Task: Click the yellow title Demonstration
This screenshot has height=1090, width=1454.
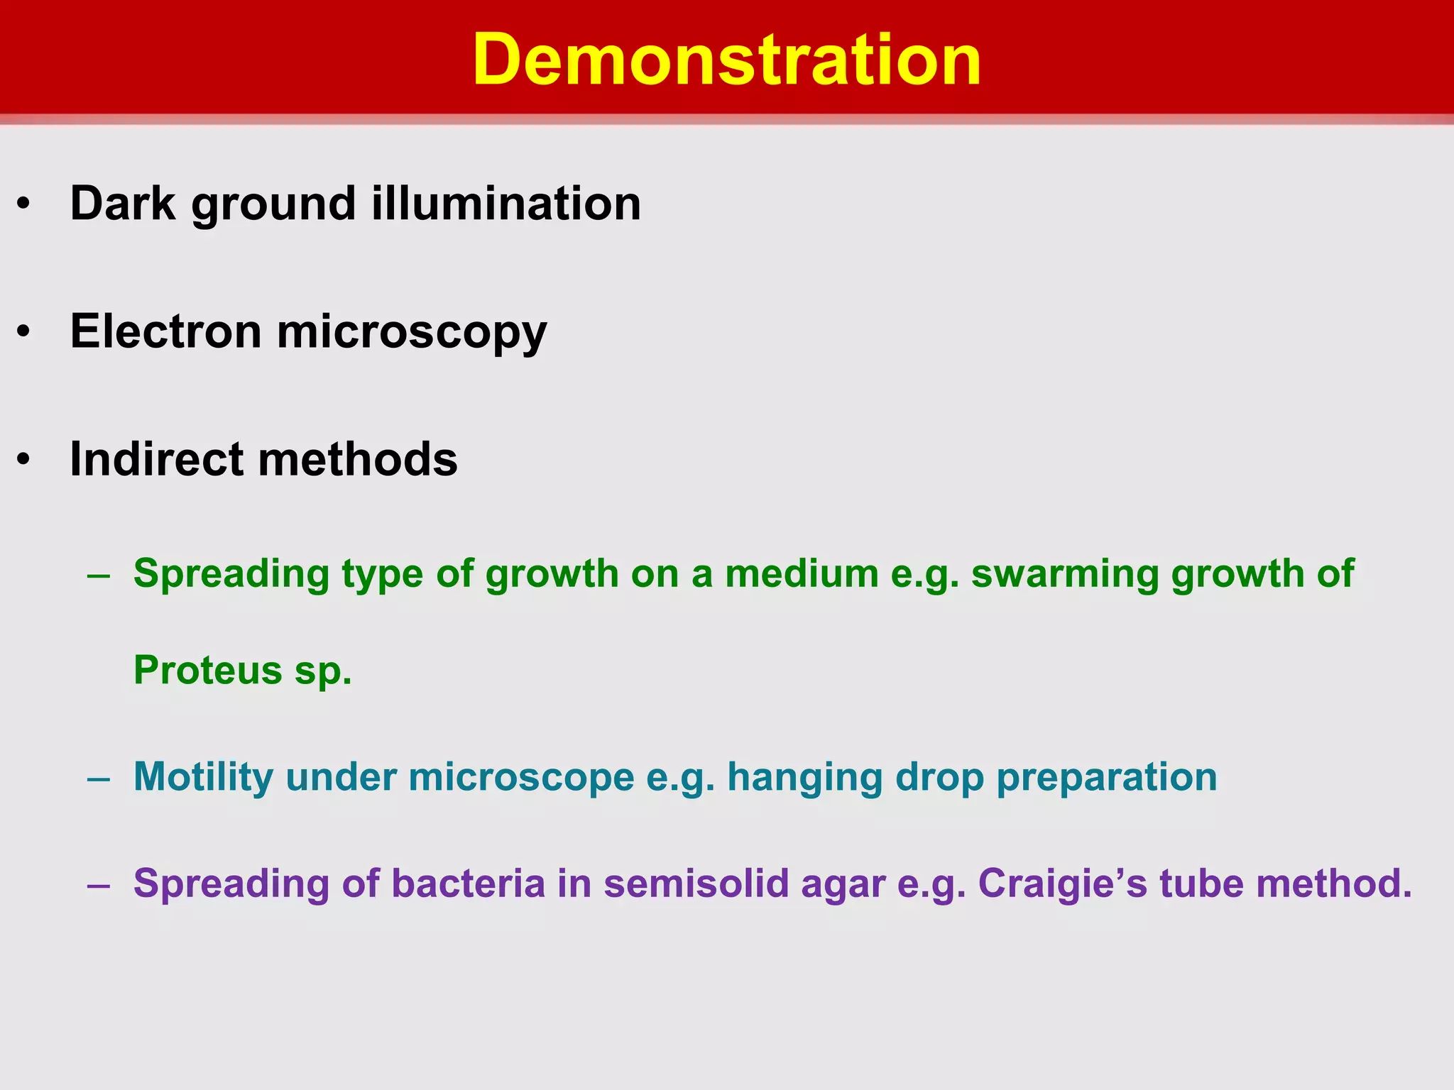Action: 726,60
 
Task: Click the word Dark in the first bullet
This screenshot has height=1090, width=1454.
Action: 122,204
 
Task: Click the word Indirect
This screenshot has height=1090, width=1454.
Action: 156,459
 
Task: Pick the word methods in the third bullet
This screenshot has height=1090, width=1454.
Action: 358,459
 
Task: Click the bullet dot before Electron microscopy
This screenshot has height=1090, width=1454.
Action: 24,332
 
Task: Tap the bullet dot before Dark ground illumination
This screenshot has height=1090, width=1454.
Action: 24,204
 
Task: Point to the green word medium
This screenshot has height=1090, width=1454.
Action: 802,573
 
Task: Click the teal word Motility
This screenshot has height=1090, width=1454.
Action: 203,778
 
